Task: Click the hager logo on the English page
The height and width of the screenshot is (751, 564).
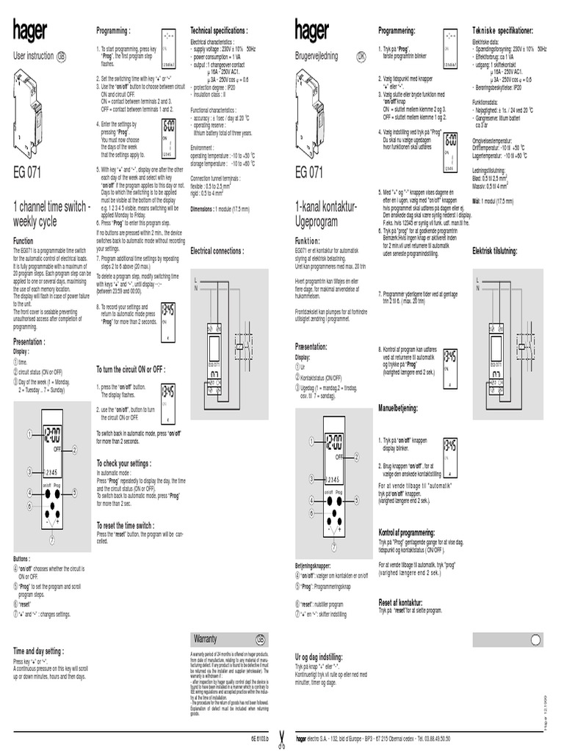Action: [30, 32]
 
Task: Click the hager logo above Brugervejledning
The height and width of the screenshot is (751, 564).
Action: [311, 32]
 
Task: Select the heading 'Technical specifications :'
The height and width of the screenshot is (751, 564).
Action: [219, 31]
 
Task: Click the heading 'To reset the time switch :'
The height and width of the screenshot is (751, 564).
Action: [126, 525]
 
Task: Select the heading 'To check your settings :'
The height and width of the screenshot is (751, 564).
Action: [124, 464]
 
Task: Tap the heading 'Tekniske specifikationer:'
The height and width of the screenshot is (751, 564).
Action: [503, 31]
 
